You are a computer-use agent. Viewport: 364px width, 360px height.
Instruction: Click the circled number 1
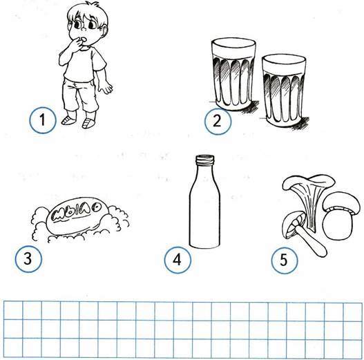coord(43,120)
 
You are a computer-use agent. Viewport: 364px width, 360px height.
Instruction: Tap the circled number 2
coord(218,121)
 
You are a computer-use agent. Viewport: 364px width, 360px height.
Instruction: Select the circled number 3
coord(28,258)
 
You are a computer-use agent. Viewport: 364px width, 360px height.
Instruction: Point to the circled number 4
coord(178,259)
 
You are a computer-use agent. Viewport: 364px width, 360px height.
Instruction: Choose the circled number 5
coord(285,260)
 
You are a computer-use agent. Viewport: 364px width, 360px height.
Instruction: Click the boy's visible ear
coord(105,32)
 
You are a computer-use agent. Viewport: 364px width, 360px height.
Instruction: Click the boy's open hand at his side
coord(106,87)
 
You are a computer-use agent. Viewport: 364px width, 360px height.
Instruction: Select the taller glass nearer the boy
coord(233,75)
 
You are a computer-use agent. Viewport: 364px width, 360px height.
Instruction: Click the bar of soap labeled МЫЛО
coord(77,216)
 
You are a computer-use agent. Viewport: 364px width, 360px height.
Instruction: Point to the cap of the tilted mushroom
coord(292,224)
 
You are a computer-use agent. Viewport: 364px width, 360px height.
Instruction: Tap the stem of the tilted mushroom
coord(311,242)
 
